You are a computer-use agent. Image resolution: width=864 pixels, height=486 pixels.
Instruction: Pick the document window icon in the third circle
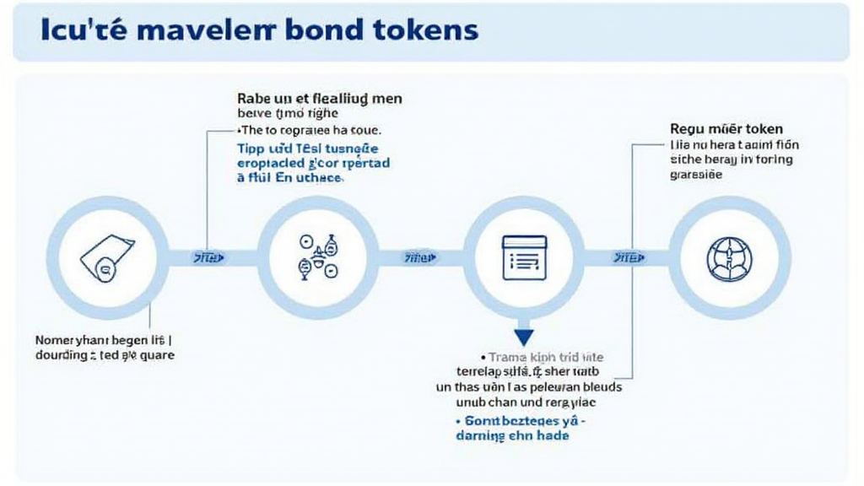click(x=524, y=256)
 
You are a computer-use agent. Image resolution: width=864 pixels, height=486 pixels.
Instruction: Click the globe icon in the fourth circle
click(x=730, y=257)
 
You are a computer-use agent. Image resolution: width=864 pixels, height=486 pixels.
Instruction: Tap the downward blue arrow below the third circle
click(x=524, y=337)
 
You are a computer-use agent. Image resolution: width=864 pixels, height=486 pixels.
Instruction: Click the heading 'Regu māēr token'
click(x=726, y=129)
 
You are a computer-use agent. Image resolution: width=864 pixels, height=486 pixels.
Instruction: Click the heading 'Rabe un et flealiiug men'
click(x=320, y=99)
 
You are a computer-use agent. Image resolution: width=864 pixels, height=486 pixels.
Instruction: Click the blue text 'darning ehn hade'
click(x=512, y=435)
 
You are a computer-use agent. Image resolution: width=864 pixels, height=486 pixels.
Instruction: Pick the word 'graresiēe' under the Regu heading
click(x=696, y=175)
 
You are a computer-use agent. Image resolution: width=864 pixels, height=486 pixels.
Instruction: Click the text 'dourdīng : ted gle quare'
click(x=105, y=355)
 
